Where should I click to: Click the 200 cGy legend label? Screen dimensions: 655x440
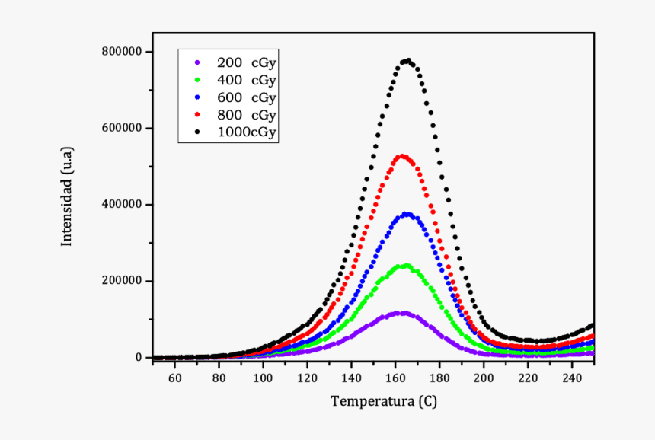247,63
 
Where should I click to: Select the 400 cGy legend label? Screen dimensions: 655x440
247,80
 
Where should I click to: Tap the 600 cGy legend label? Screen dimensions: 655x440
247,97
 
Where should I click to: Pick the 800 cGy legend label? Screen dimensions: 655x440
247,115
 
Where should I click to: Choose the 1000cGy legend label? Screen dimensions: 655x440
247,132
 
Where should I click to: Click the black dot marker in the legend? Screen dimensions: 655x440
197,132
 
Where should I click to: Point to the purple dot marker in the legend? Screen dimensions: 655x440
197,62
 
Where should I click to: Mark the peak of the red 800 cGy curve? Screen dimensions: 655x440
402,156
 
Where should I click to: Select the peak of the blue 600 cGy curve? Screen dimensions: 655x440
406,214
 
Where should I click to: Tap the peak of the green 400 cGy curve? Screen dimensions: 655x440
406,266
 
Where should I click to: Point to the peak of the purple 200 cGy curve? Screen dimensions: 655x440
401,313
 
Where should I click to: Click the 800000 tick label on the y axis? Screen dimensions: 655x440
122,52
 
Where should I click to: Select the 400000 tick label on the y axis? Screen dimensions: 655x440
122,205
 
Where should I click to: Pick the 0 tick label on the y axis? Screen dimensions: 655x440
139,358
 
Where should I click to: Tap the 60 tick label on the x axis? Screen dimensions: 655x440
174,378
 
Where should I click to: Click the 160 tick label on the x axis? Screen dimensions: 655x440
395,378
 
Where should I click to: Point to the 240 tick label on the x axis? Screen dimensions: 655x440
572,378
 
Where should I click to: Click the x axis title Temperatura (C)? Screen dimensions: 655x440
383,402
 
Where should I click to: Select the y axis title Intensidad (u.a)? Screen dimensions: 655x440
67,196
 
